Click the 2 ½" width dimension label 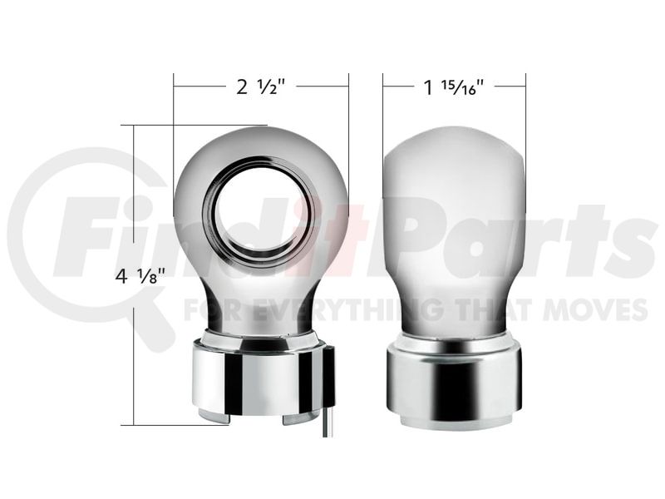click(x=259, y=87)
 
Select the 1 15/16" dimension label click(x=454, y=87)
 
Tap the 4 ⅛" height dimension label click(x=140, y=276)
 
